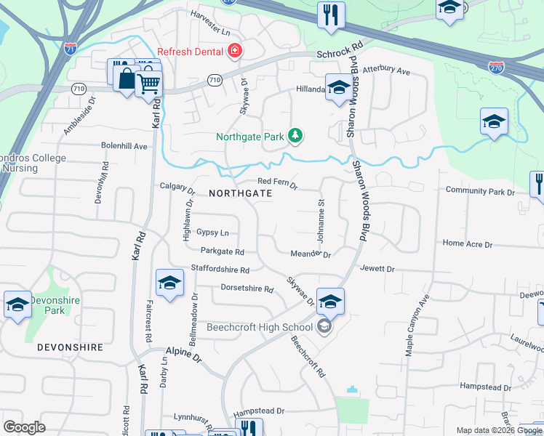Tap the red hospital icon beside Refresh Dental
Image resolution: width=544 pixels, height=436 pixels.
[235, 52]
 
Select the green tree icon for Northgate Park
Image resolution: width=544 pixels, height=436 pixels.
[295, 135]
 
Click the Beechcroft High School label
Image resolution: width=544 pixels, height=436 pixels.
[260, 327]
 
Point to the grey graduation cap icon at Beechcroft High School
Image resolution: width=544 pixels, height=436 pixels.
[324, 327]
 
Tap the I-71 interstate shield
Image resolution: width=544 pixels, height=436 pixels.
[71, 49]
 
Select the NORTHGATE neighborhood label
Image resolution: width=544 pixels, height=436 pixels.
[240, 194]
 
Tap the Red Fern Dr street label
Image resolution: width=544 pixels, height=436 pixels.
[278, 185]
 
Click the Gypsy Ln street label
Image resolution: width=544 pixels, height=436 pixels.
[212, 233]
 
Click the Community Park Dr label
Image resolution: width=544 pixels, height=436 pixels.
[480, 191]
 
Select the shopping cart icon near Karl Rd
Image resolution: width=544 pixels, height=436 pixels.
[148, 83]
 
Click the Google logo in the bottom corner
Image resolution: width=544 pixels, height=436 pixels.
[24, 427]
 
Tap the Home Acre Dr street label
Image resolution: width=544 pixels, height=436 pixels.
[468, 244]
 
